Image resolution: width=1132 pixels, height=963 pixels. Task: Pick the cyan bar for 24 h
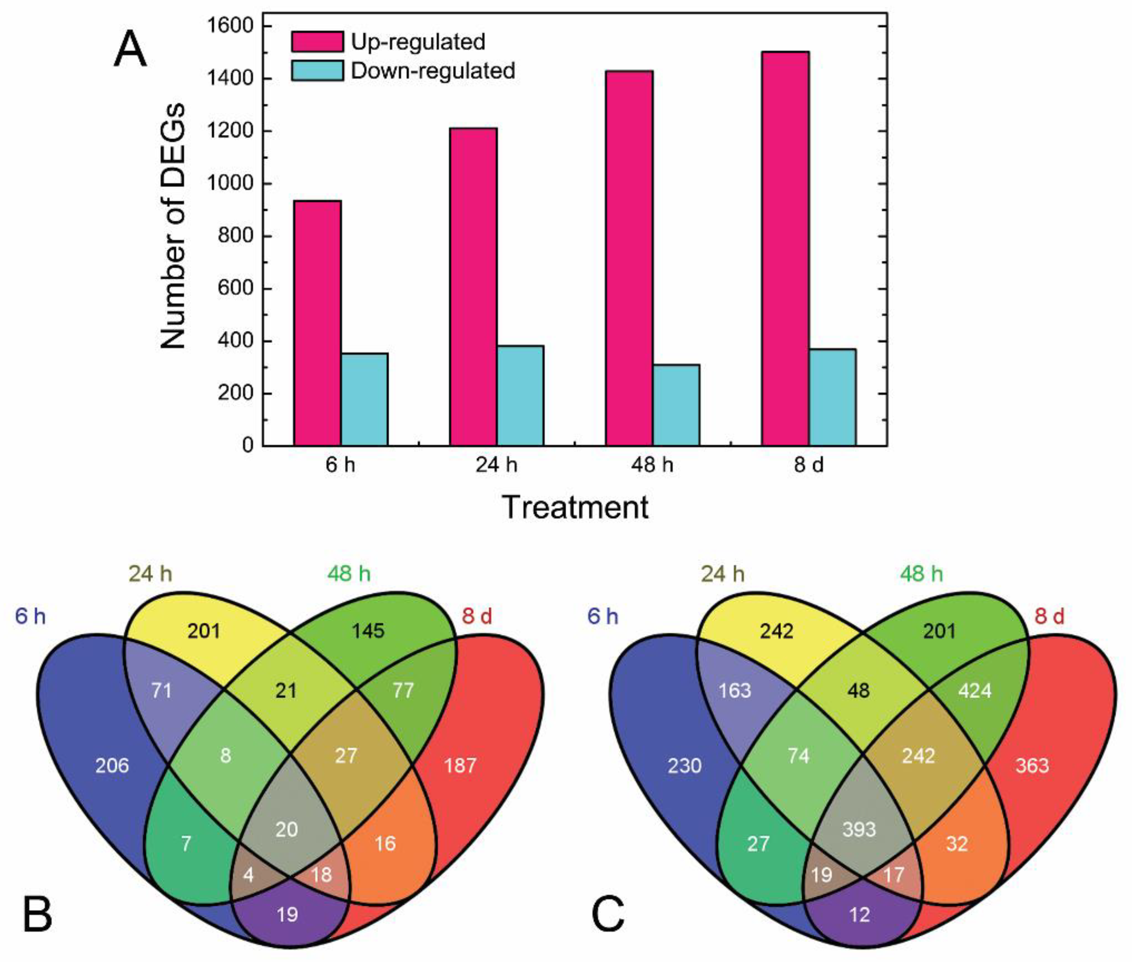click(520, 396)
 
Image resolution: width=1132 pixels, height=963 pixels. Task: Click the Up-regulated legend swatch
click(317, 42)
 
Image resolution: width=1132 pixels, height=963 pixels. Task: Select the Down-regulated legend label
click(432, 71)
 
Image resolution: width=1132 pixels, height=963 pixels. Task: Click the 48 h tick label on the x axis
click(652, 465)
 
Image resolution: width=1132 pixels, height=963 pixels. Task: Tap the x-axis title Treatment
click(575, 507)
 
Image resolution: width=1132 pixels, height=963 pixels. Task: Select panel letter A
click(130, 50)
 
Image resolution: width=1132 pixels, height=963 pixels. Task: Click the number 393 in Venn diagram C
click(859, 829)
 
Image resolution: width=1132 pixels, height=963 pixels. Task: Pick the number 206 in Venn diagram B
click(112, 765)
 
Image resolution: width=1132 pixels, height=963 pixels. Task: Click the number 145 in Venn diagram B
click(368, 631)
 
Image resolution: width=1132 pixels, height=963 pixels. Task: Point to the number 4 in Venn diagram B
click(249, 875)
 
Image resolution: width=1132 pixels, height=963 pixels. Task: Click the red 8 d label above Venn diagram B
click(477, 616)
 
